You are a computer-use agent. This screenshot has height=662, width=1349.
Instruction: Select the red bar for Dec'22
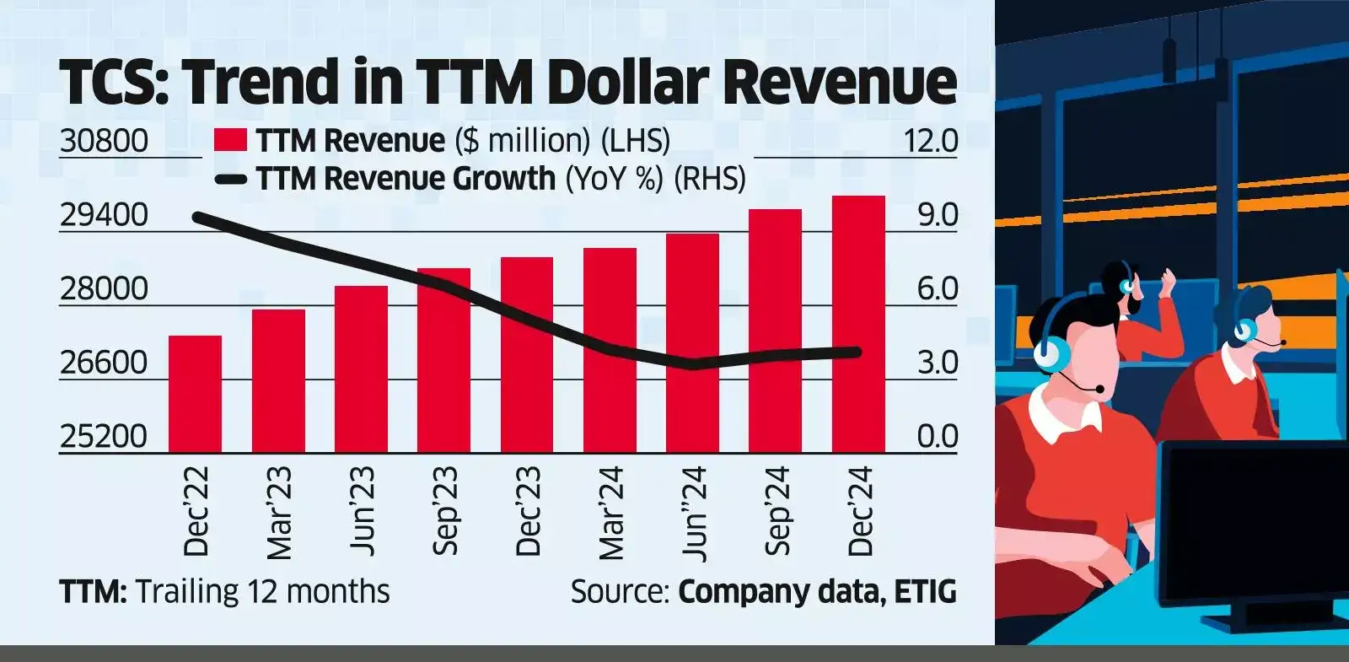(x=195, y=394)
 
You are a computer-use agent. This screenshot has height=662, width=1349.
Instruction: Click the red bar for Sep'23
(x=443, y=360)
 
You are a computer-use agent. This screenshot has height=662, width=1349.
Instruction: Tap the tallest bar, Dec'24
(x=858, y=324)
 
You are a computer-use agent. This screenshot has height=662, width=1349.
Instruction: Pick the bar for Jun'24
(x=692, y=342)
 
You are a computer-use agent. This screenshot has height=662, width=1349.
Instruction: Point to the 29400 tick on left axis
(x=104, y=215)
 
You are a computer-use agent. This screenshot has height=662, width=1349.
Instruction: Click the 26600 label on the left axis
(x=104, y=363)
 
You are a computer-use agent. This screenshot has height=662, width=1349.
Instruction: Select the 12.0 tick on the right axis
(x=930, y=140)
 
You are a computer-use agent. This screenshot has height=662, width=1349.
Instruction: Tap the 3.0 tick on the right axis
(x=937, y=363)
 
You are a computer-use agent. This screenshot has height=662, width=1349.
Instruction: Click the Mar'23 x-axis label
(x=279, y=513)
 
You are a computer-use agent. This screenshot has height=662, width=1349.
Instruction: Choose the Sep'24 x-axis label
(x=777, y=511)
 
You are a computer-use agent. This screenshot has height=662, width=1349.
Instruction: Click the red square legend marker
(x=230, y=140)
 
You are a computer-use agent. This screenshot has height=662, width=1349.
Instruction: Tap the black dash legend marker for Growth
(x=230, y=179)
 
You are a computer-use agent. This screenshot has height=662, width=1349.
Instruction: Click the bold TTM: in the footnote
(x=93, y=592)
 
